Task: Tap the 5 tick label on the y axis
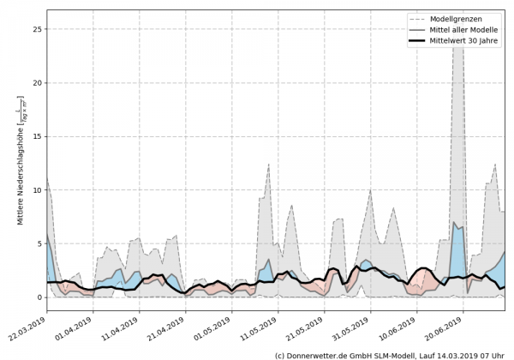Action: click(38, 243)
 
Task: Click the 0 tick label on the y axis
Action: click(38, 297)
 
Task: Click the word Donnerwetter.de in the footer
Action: click(321, 354)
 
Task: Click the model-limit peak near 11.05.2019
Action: click(269, 165)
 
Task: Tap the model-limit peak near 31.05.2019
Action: click(370, 190)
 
